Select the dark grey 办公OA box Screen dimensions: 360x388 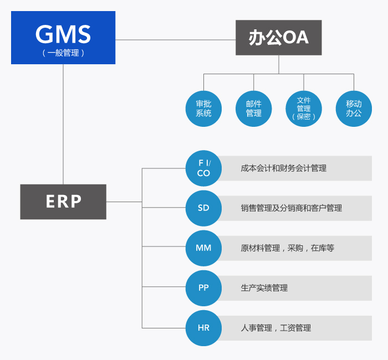click(279, 38)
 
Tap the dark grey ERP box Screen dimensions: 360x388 click(63, 202)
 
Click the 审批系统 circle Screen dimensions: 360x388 click(203, 109)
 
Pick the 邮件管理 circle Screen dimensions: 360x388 click(254, 109)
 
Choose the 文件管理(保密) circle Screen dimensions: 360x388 click(304, 109)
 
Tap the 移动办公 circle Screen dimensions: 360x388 click(354, 109)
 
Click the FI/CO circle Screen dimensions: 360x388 click(203, 168)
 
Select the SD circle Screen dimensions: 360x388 click(203, 208)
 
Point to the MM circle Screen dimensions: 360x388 click(203, 248)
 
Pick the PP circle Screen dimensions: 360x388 click(203, 288)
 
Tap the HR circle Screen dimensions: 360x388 click(203, 328)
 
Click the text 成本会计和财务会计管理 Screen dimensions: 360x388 click(284, 168)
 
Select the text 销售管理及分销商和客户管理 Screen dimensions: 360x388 click(292, 208)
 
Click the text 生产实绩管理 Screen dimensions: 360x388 click(264, 288)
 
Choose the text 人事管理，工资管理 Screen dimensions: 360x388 click(276, 328)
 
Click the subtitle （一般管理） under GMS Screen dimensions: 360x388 click(63, 53)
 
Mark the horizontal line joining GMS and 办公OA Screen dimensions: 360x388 click(175, 40)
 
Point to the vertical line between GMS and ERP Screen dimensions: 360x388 click(64, 125)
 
